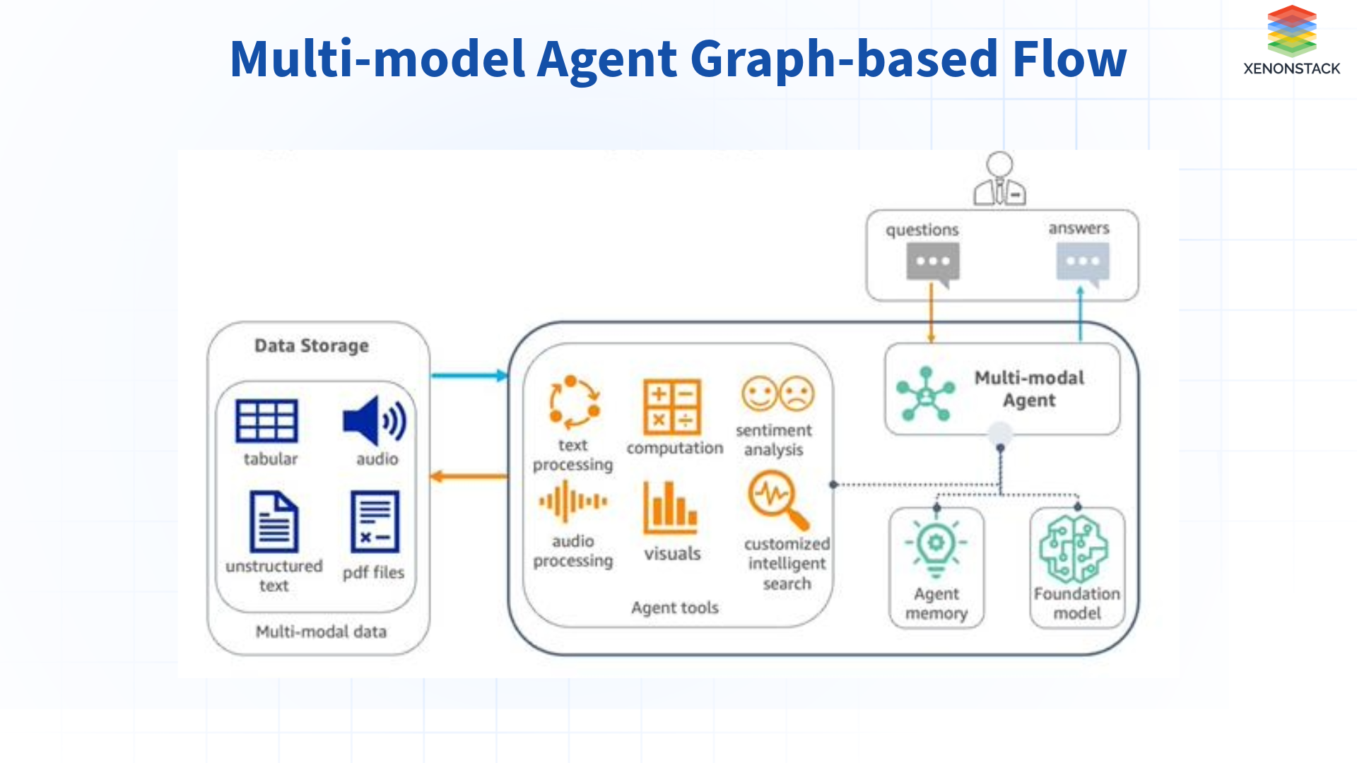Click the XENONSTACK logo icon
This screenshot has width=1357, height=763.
tap(1291, 31)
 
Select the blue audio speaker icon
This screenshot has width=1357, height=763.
tap(374, 421)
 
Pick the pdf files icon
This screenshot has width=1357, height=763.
tap(375, 521)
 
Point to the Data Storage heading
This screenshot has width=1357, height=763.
tap(312, 345)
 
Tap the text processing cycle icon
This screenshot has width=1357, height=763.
tap(574, 402)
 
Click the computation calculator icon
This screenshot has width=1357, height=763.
tap(671, 407)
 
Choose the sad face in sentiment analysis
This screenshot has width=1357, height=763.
tap(797, 394)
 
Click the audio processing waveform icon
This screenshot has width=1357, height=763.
tap(572, 502)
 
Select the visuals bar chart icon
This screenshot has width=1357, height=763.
tap(670, 507)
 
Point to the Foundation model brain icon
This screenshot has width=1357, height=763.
tap(1074, 549)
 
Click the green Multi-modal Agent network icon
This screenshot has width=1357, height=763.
tap(925, 394)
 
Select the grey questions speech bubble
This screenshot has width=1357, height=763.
tap(933, 262)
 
